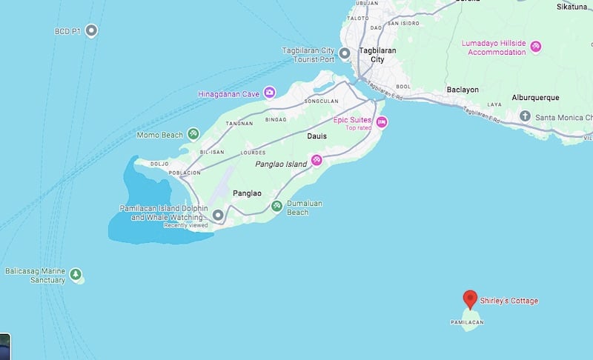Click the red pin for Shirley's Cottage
coord(469,299)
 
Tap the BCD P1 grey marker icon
coord(91,30)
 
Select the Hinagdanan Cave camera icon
coord(270,93)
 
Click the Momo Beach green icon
coord(193,134)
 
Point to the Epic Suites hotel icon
coord(382,121)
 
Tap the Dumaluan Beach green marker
coord(276,206)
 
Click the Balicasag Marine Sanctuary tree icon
coord(75,275)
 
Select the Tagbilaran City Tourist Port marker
coord(344,53)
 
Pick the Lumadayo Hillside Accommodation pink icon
coord(535,47)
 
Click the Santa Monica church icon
coord(525,116)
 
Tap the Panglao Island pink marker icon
coord(317,159)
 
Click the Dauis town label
coord(317,136)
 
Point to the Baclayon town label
coord(463,90)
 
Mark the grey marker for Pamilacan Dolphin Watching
coord(218,216)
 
